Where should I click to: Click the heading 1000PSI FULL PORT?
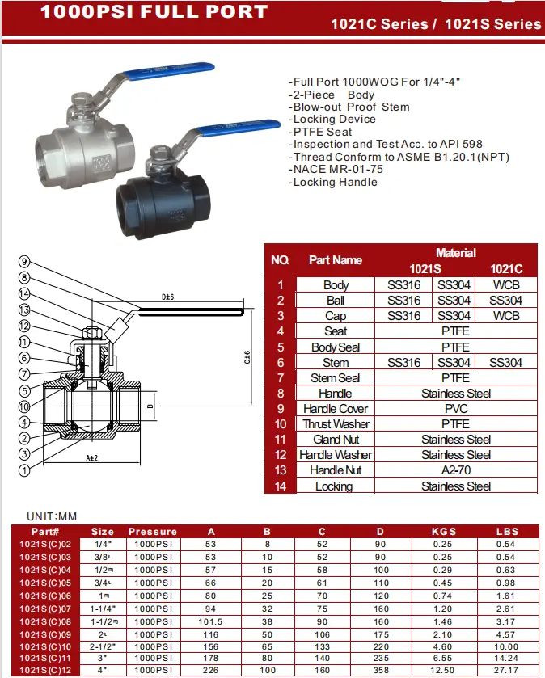click(154, 12)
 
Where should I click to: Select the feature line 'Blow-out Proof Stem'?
click(351, 107)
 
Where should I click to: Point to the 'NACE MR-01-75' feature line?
click(337, 170)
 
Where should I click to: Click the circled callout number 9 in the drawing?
click(24, 261)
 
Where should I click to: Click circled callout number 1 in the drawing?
click(24, 469)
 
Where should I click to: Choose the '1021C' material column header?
click(506, 268)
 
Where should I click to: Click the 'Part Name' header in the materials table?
click(336, 260)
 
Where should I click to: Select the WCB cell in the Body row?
click(506, 284)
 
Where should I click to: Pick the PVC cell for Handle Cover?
click(456, 409)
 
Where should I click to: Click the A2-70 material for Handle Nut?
click(456, 470)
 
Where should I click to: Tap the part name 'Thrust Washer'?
click(336, 424)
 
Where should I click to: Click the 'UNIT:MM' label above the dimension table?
click(52, 516)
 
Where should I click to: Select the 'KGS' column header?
click(444, 532)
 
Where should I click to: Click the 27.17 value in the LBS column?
click(506, 670)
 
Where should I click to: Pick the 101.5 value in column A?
click(211, 622)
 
